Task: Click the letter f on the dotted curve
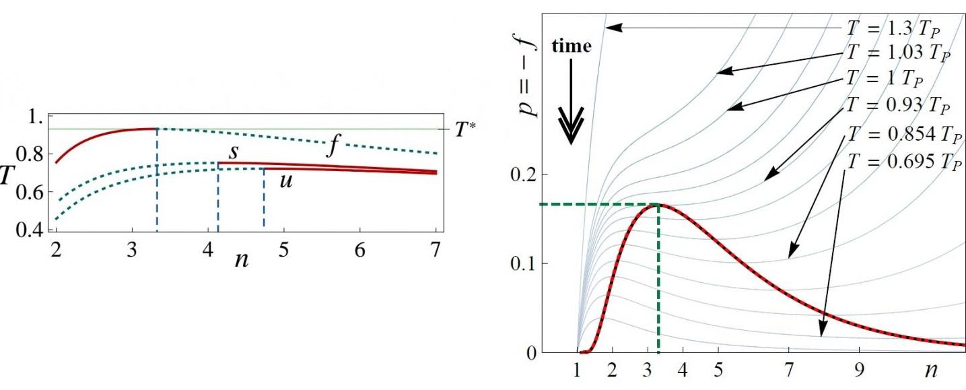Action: pos(332,146)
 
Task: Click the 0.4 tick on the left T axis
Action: pos(32,231)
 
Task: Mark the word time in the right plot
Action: pos(572,46)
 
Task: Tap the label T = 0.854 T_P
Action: pos(895,133)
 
